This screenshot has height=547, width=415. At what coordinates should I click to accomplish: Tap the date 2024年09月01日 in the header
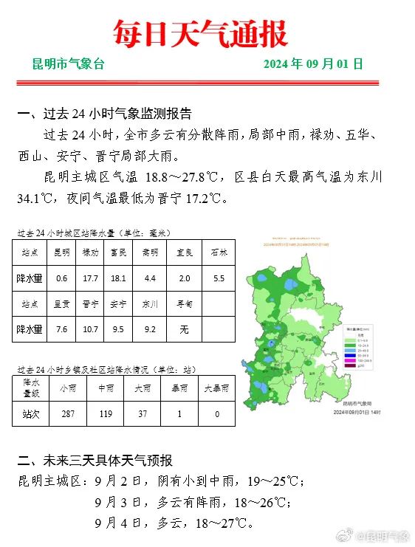(313, 64)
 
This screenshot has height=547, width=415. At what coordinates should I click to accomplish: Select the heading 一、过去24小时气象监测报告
(104, 114)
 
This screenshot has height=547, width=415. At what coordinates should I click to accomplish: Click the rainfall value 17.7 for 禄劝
(91, 278)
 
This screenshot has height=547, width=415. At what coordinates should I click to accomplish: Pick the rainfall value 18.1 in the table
(118, 278)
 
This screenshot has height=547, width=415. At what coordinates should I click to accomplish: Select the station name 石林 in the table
(219, 252)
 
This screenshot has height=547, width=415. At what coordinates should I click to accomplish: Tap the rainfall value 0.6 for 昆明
(61, 278)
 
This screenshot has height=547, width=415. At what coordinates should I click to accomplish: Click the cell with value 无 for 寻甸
(184, 329)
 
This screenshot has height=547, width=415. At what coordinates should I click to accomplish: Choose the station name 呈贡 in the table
(61, 303)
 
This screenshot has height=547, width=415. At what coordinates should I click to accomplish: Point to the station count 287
(68, 414)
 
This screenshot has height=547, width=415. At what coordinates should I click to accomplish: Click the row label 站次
(31, 414)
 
